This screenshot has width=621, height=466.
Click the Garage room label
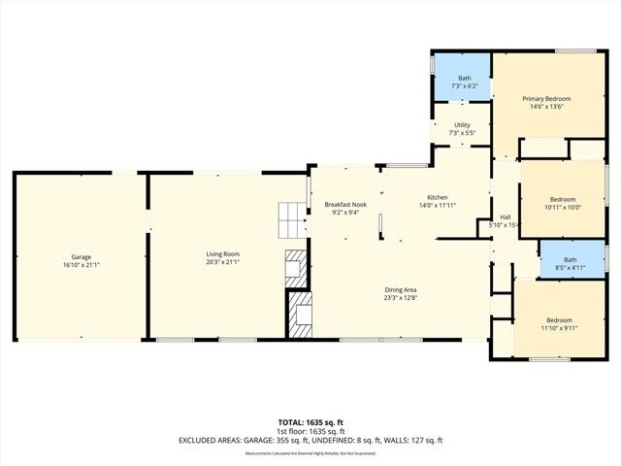(81, 256)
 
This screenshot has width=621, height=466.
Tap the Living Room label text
(222, 255)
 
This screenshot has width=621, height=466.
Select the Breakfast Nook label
(345, 205)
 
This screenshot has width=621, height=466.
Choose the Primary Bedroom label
(546, 99)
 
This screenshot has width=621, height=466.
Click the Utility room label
(462, 125)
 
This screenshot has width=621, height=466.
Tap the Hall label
(505, 216)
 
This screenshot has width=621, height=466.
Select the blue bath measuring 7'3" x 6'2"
(464, 82)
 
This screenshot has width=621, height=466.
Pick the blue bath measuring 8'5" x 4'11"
(570, 263)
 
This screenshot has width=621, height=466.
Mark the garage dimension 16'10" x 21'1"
(81, 263)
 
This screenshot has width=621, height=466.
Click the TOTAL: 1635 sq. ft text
(310, 422)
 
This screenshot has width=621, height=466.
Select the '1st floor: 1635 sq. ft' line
(310, 431)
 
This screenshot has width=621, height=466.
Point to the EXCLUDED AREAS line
(310, 440)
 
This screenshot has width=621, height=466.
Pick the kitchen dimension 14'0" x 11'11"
(438, 205)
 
